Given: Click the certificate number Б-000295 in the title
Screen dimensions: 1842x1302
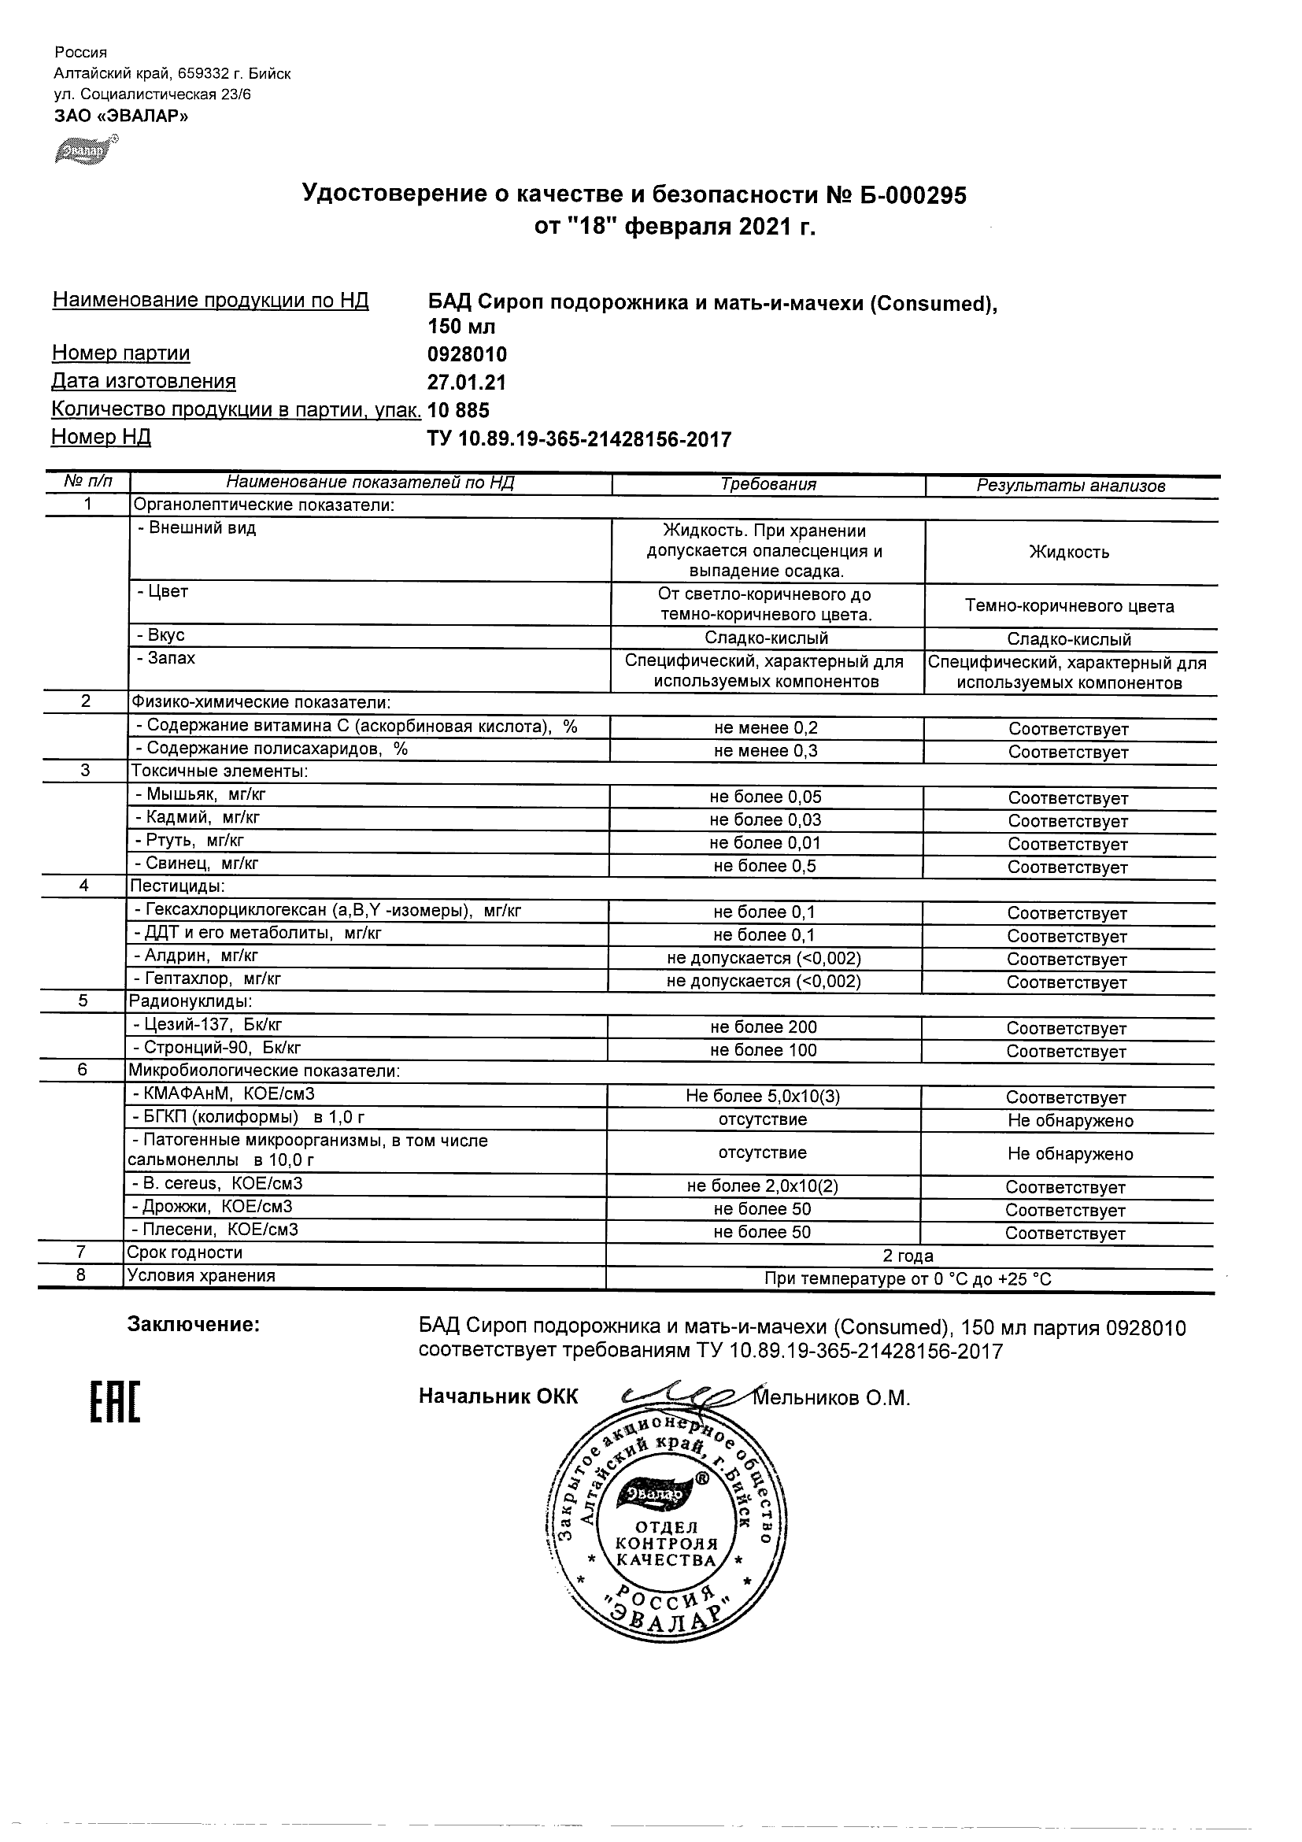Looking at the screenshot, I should [910, 195].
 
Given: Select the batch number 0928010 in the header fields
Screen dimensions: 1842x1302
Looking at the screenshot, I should [467, 354].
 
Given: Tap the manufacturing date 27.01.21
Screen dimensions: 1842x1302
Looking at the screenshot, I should [466, 383].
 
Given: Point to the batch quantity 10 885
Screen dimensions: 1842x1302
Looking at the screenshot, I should [458, 411].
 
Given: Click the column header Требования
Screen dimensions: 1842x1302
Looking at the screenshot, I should [768, 485].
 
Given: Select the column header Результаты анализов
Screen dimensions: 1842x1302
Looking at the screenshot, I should [1070, 486].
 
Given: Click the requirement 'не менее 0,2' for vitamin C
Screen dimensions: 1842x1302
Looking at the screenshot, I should [766, 728].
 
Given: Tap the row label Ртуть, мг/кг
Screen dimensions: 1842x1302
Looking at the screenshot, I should [191, 841].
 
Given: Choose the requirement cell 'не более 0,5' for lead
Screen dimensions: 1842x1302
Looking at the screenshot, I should [764, 867].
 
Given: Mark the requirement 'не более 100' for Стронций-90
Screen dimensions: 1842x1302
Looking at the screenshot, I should [763, 1050].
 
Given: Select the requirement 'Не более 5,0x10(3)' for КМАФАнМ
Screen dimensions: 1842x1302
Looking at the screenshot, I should [762, 1097].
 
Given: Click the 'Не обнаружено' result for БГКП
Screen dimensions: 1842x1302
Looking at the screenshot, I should [1070, 1121].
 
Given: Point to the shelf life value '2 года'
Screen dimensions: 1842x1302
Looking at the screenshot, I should [908, 1256].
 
